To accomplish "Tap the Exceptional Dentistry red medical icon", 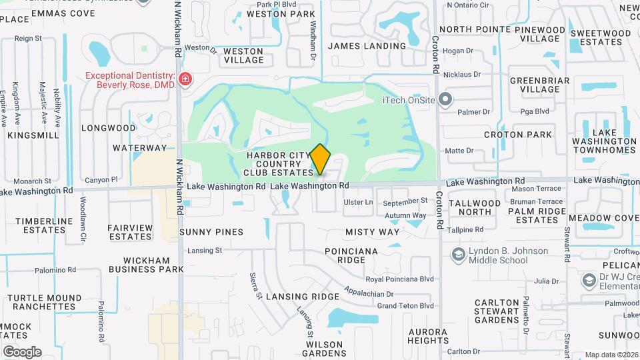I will [x=185, y=81].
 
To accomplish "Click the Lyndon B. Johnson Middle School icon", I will [x=458, y=255].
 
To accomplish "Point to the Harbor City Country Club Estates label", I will [x=278, y=164].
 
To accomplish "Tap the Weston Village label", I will [x=243, y=55].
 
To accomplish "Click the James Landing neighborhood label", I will [x=367, y=46].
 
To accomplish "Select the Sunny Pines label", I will [x=211, y=232].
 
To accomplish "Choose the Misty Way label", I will [x=372, y=232].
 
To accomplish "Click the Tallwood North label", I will [x=475, y=207].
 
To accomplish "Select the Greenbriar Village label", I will [x=539, y=85].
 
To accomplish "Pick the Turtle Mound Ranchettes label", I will [x=42, y=302].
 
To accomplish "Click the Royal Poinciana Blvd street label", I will [x=399, y=279].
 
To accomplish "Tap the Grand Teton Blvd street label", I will [x=405, y=306].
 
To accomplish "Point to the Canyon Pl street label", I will [x=101, y=180].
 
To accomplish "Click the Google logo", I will [x=22, y=351].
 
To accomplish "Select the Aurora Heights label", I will [x=428, y=336].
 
